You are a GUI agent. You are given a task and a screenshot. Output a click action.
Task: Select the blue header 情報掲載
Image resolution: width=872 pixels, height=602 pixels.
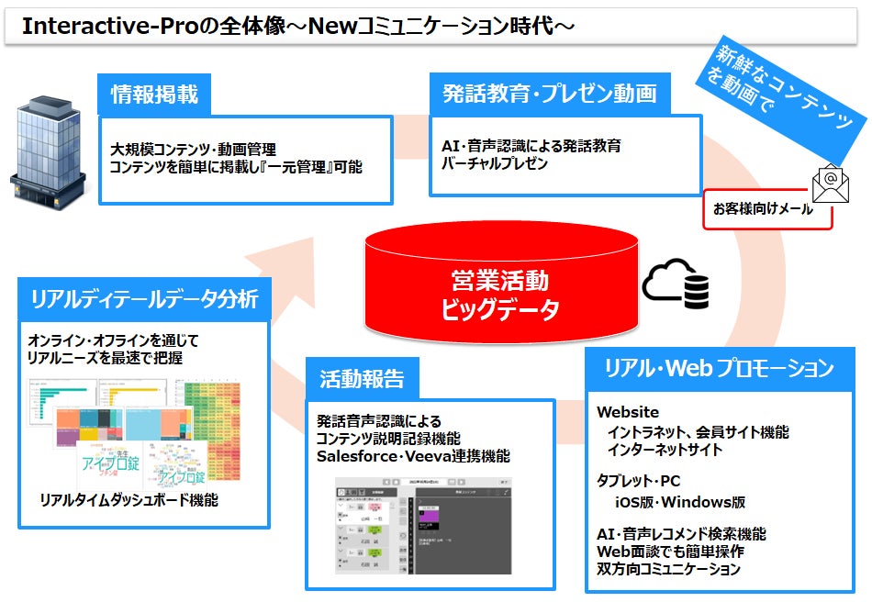coord(154,94)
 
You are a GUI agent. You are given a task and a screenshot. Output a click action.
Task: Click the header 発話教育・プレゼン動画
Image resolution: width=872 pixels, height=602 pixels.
coord(550,94)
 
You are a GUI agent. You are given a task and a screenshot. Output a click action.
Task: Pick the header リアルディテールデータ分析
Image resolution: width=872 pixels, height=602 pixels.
coord(144,299)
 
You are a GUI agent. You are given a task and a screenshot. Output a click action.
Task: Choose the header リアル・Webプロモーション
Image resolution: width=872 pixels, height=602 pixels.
coord(719,369)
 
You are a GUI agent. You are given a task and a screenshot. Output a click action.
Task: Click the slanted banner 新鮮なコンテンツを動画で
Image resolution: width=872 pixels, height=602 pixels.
coord(785,95)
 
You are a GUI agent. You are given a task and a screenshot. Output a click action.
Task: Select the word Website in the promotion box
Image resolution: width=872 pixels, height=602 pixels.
coord(628,412)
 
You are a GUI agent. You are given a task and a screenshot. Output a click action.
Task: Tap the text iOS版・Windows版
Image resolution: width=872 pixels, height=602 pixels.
coord(680,502)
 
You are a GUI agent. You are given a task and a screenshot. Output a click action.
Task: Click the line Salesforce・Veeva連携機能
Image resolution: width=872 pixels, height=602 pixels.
coord(413,455)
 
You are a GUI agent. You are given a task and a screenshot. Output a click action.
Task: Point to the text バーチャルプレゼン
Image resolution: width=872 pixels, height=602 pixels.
coord(495,163)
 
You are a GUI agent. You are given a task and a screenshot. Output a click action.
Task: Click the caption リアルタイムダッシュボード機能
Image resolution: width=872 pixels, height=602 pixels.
coord(129,500)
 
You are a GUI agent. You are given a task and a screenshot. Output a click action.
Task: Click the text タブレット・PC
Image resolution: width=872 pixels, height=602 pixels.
coord(639,481)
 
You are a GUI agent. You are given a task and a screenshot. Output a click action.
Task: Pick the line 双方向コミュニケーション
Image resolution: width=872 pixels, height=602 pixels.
coord(668,569)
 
